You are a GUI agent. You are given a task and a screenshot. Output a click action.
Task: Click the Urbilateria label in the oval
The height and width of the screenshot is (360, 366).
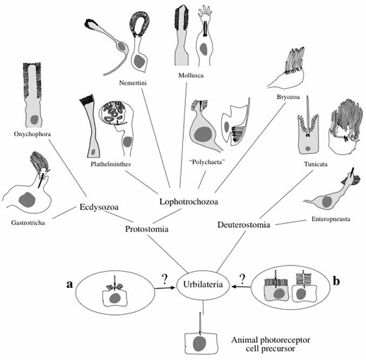[x=203, y=284]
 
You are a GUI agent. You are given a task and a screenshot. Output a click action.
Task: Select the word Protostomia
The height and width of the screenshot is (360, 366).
[x=147, y=229]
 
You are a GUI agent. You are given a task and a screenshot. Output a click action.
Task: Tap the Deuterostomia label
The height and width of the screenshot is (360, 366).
[x=244, y=224]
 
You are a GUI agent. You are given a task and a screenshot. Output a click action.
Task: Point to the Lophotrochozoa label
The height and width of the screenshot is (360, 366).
[x=189, y=202]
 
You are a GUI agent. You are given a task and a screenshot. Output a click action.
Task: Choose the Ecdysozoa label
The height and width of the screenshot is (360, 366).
[x=99, y=208]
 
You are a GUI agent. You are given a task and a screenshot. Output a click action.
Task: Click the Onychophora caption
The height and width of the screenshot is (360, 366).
[x=33, y=134]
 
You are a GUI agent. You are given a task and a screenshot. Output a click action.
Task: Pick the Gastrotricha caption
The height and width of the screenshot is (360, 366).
[x=28, y=222]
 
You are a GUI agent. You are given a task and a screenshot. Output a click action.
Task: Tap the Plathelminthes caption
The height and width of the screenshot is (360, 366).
[x=111, y=164]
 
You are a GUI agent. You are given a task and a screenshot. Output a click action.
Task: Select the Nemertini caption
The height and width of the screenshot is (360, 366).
[x=133, y=83]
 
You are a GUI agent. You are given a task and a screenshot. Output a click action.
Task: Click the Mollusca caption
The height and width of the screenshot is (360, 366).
[x=191, y=76]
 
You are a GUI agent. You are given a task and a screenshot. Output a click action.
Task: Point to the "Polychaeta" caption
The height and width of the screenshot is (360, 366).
[x=207, y=162]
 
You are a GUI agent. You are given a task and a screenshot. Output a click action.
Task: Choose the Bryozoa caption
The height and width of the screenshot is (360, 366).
[x=288, y=97]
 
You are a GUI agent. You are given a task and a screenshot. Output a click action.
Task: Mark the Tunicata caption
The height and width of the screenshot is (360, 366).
[x=316, y=164]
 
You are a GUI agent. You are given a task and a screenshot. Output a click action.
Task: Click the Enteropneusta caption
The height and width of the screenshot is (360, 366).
[x=331, y=219]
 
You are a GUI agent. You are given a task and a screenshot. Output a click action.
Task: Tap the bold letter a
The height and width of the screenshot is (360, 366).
[x=69, y=284]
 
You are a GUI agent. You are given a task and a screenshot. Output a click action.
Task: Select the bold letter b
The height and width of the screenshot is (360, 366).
[x=336, y=281]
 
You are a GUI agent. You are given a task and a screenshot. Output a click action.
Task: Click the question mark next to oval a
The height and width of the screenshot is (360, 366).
[x=165, y=279]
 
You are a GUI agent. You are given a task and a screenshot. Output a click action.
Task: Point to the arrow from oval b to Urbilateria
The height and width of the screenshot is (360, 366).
[x=241, y=287]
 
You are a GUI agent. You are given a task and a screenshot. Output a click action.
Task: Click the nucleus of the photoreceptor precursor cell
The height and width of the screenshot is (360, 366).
[x=199, y=344]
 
